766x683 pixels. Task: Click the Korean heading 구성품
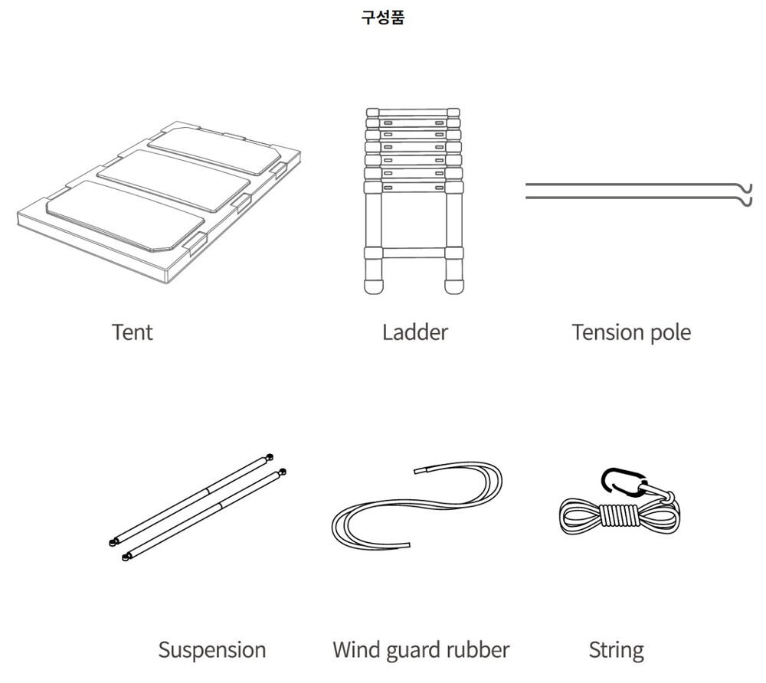point(383,18)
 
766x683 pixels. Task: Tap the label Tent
point(133,332)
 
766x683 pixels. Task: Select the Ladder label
point(414,332)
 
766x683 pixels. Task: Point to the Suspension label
point(212,651)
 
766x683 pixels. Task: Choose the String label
point(616,652)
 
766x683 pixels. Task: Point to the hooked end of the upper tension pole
point(746,188)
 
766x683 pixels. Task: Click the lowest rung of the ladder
point(414,253)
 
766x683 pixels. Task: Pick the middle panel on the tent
point(173,180)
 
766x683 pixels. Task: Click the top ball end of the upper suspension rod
point(269,457)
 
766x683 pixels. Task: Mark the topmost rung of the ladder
point(414,112)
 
